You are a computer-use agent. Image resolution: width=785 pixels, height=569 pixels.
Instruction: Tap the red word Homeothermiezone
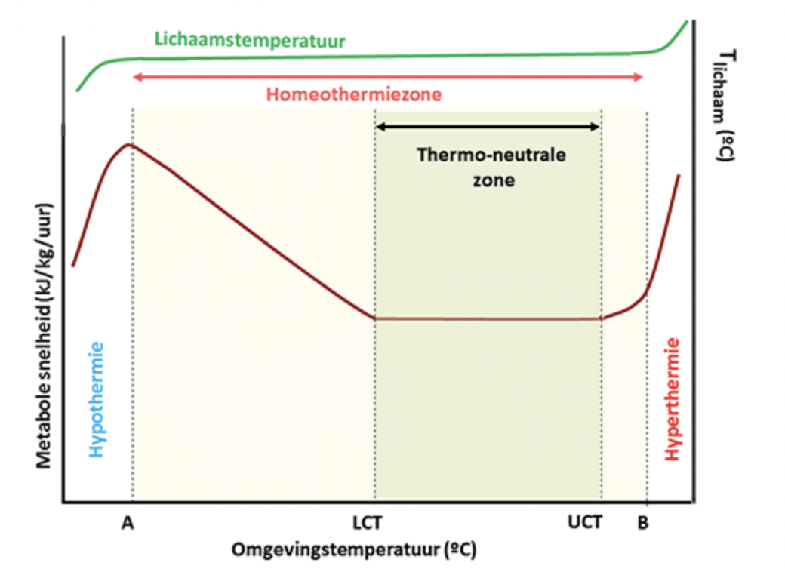click(x=354, y=96)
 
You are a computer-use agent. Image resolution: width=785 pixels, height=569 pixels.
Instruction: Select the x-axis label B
click(x=642, y=522)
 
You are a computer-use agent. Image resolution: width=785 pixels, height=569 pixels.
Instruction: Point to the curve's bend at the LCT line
click(x=375, y=318)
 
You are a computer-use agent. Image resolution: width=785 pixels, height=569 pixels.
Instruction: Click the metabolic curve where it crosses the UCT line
click(x=602, y=318)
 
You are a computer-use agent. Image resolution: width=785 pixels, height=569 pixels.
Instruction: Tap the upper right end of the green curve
click(x=686, y=21)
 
